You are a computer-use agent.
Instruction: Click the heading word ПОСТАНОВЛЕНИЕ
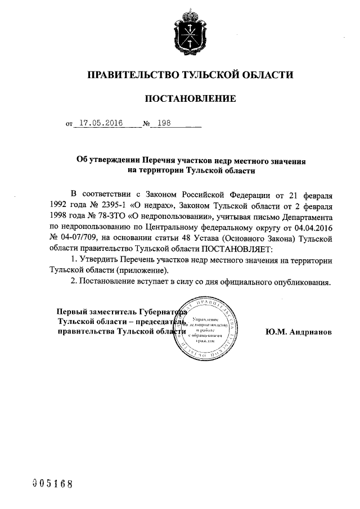click(190, 99)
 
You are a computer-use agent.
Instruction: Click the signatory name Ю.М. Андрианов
click(299, 332)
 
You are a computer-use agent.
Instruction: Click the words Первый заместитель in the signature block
click(92, 312)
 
